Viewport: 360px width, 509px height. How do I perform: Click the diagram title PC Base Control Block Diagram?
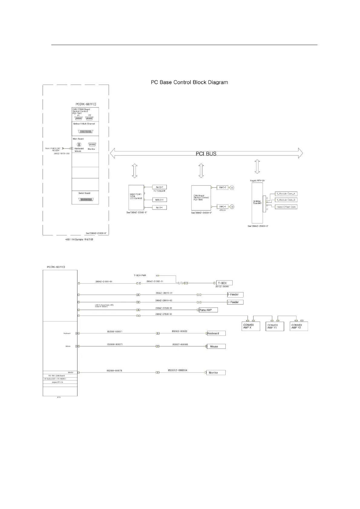click(189, 82)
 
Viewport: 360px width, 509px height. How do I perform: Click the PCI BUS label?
click(206, 154)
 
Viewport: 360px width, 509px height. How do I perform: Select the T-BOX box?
click(224, 283)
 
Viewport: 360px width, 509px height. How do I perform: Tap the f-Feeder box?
click(235, 294)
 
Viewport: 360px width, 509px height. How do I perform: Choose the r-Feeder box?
click(235, 302)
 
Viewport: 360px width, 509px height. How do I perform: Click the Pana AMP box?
click(208, 310)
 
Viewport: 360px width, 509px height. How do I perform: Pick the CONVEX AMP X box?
click(251, 326)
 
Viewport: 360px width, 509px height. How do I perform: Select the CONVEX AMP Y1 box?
click(275, 326)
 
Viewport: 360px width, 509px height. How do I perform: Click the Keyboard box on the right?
click(216, 333)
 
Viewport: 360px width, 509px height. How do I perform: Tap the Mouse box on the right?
click(216, 346)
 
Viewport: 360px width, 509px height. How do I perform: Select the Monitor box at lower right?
click(216, 373)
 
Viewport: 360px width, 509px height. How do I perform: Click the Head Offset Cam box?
click(286, 207)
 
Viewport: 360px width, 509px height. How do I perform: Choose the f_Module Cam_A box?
click(286, 194)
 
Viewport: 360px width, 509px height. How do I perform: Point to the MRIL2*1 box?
click(159, 200)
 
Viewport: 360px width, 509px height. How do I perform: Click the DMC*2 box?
click(222, 188)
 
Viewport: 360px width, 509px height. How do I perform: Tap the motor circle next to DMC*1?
click(232, 207)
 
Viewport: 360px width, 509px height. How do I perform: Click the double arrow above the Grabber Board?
click(257, 167)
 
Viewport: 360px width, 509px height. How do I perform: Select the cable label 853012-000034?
click(178, 370)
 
